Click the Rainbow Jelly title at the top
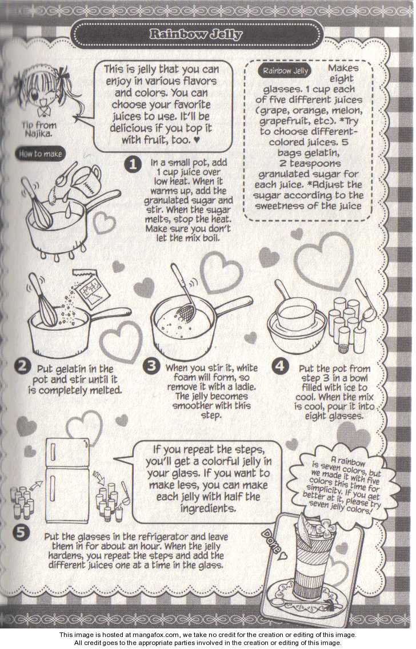[x=196, y=34]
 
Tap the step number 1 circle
[x=133, y=164]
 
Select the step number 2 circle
[x=22, y=366]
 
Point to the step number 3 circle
[x=151, y=366]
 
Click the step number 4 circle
[x=281, y=366]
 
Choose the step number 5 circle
[x=21, y=533]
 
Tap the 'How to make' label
[x=41, y=154]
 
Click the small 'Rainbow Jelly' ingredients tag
[x=286, y=71]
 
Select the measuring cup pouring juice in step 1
[x=89, y=179]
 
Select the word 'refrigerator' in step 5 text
[x=158, y=537]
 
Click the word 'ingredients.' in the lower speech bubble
[x=208, y=508]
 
